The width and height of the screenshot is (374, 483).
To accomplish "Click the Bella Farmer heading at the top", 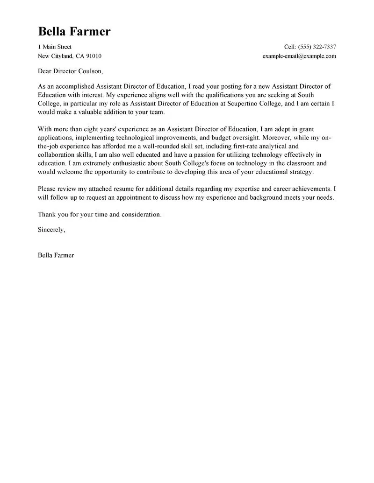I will [74, 31].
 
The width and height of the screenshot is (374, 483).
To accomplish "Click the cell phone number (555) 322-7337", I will [316, 47].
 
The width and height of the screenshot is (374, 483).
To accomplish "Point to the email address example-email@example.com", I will [299, 56].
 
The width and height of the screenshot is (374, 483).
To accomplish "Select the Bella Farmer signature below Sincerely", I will [56, 255].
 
